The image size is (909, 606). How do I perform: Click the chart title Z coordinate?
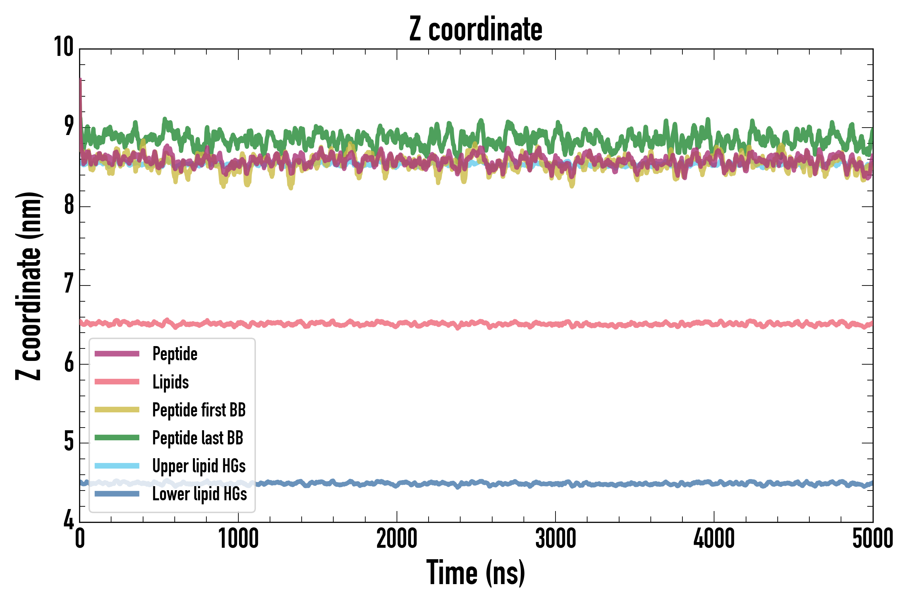[x=476, y=29]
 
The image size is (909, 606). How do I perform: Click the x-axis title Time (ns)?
[x=476, y=573]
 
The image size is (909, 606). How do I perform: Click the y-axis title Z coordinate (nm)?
[x=29, y=286]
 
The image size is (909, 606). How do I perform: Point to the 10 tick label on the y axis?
[x=64, y=47]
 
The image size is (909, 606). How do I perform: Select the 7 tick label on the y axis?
[x=69, y=284]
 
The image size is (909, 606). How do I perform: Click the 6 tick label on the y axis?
[x=69, y=363]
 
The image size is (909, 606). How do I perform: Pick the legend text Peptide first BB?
[x=199, y=410]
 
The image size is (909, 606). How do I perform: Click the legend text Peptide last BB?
[x=198, y=438]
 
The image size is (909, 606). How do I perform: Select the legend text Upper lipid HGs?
[x=199, y=466]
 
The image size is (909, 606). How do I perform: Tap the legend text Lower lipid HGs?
[x=199, y=494]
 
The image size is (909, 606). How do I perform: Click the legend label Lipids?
[x=170, y=382]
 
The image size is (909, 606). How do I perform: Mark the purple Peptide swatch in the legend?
[x=117, y=353]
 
